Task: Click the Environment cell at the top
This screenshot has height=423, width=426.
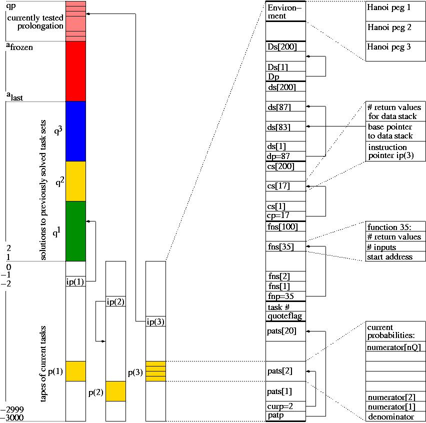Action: click(285, 11)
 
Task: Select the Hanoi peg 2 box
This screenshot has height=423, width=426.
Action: click(395, 31)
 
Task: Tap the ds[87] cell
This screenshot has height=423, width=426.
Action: click(285, 106)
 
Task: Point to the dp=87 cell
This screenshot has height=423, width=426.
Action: click(285, 156)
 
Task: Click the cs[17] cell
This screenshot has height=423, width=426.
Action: click(285, 186)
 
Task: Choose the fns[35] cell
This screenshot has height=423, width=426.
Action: click(285, 246)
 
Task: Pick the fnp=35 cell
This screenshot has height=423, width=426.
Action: click(285, 296)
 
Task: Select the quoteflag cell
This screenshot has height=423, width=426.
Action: click(285, 316)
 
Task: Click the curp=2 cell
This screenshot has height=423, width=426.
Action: click(285, 406)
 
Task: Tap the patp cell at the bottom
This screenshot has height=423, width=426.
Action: click(285, 415)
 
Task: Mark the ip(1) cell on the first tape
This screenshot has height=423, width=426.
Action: click(75, 281)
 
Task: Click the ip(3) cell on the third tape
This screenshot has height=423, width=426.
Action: click(155, 321)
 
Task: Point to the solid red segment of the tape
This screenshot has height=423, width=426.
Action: click(75, 71)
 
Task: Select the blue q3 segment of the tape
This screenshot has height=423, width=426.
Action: click(75, 131)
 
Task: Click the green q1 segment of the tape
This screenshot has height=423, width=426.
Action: click(75, 231)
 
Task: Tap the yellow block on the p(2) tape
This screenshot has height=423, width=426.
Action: click(115, 391)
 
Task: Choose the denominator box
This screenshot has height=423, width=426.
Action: click(395, 416)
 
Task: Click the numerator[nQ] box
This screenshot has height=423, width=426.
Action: click(395, 346)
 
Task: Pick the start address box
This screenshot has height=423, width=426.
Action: click(395, 257)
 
